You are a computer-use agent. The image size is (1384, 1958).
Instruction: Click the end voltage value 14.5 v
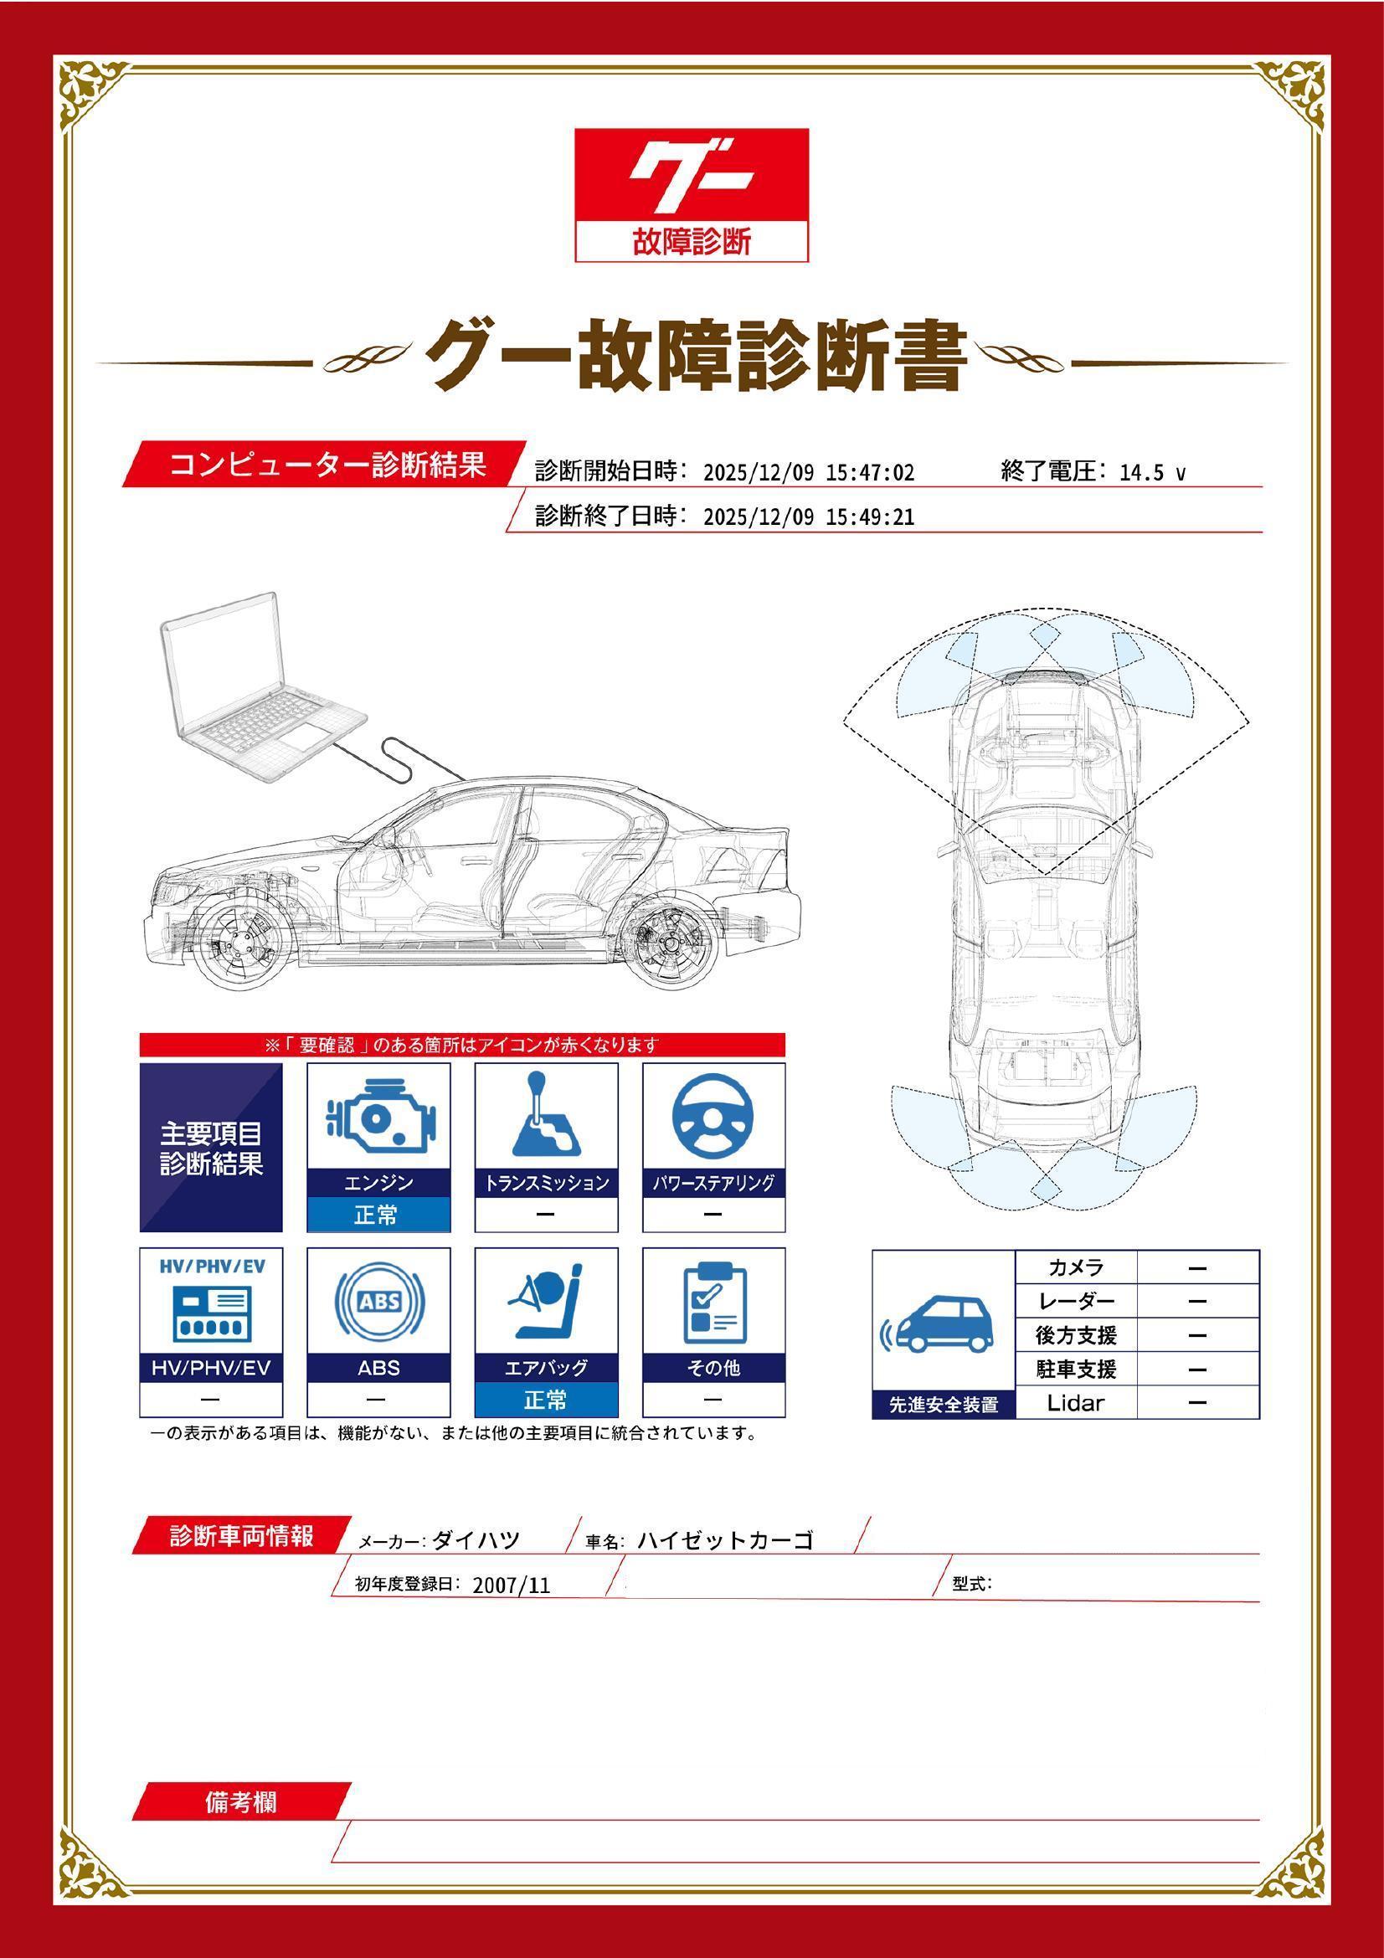click(x=1151, y=472)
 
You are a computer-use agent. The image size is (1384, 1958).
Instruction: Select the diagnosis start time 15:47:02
click(x=869, y=472)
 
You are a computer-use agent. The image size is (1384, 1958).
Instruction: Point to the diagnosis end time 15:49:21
click(x=869, y=516)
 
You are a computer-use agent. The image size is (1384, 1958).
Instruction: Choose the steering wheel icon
click(x=713, y=1118)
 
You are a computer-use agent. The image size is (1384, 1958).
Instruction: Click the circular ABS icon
click(x=378, y=1303)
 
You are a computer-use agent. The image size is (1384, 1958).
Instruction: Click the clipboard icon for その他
click(x=713, y=1303)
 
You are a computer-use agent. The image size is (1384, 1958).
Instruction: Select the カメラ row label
click(x=1075, y=1267)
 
